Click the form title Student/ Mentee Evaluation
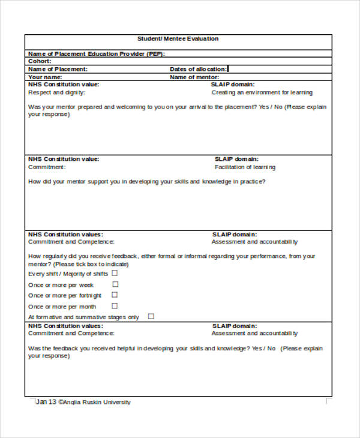178,39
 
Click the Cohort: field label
40,61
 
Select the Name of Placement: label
58,69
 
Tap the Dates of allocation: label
198,69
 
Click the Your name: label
45,77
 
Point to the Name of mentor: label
194,77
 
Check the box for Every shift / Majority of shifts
114,273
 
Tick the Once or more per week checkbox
115,284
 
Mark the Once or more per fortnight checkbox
115,295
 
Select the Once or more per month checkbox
115,306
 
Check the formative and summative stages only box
151,316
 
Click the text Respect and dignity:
56,93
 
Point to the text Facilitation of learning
245,167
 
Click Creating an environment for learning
262,93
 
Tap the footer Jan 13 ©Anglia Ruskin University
83,402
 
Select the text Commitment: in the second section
46,167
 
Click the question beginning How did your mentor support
146,181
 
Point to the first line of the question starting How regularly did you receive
171,256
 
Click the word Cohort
39,61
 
